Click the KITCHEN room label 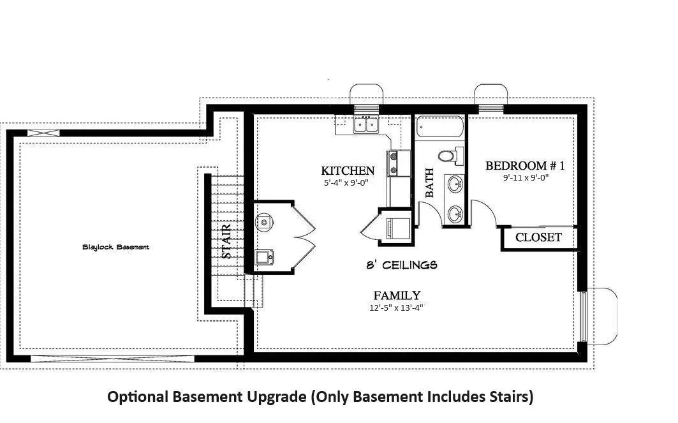click(348, 171)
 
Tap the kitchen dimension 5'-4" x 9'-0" click(346, 182)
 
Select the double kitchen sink click(366, 124)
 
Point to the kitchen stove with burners click(394, 163)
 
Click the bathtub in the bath click(439, 126)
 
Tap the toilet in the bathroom click(451, 156)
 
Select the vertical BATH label click(429, 183)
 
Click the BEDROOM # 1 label click(525, 166)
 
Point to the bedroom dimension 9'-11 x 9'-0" click(526, 177)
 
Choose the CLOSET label click(538, 237)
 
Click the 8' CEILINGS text click(402, 265)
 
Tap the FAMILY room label click(397, 295)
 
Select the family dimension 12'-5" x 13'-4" click(395, 308)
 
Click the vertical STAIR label click(226, 241)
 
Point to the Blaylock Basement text click(115, 248)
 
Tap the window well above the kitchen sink click(366, 94)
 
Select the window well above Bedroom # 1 click(490, 94)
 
